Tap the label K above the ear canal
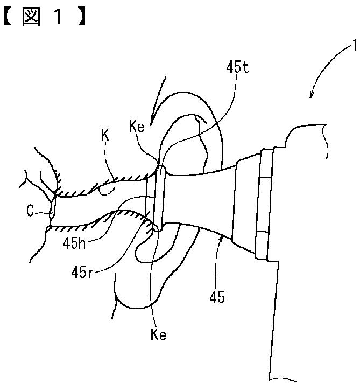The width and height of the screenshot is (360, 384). point(104,135)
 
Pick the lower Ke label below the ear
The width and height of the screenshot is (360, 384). point(158,334)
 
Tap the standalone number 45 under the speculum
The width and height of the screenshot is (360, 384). point(218,297)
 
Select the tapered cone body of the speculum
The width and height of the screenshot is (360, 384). point(199,199)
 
